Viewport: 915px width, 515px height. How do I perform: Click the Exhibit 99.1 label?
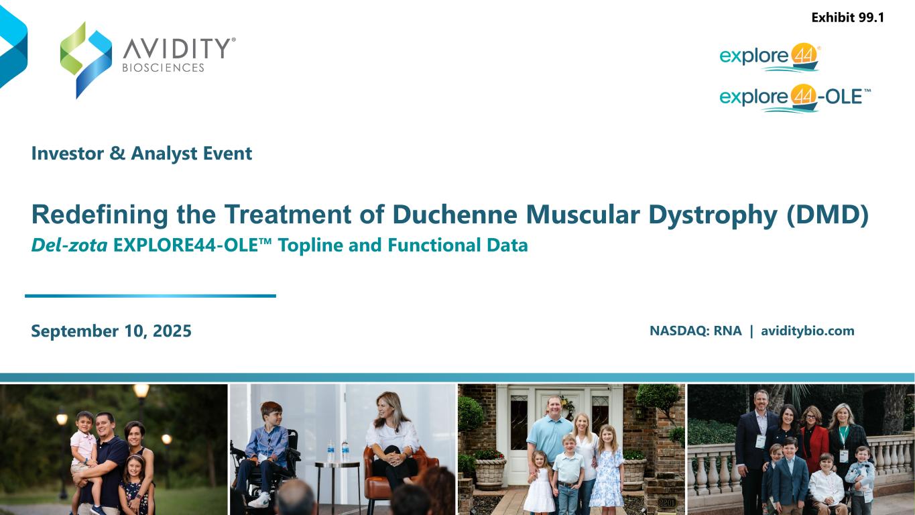847,18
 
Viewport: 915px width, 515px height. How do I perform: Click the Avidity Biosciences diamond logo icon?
86,59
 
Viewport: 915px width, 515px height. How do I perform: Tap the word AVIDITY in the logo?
176,48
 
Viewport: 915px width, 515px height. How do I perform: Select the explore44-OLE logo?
794,98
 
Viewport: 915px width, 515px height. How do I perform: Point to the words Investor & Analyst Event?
141,154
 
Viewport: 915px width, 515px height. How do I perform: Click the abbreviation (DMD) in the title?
829,215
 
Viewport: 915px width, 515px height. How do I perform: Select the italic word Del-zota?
70,245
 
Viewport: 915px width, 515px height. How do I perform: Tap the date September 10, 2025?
111,331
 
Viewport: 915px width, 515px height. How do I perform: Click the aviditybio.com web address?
807,331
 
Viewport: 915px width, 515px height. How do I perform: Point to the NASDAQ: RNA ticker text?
695,331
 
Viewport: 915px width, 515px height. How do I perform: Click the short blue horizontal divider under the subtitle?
150,296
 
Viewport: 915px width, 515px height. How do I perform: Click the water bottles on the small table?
337,451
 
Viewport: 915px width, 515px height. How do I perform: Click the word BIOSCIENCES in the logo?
163,68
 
